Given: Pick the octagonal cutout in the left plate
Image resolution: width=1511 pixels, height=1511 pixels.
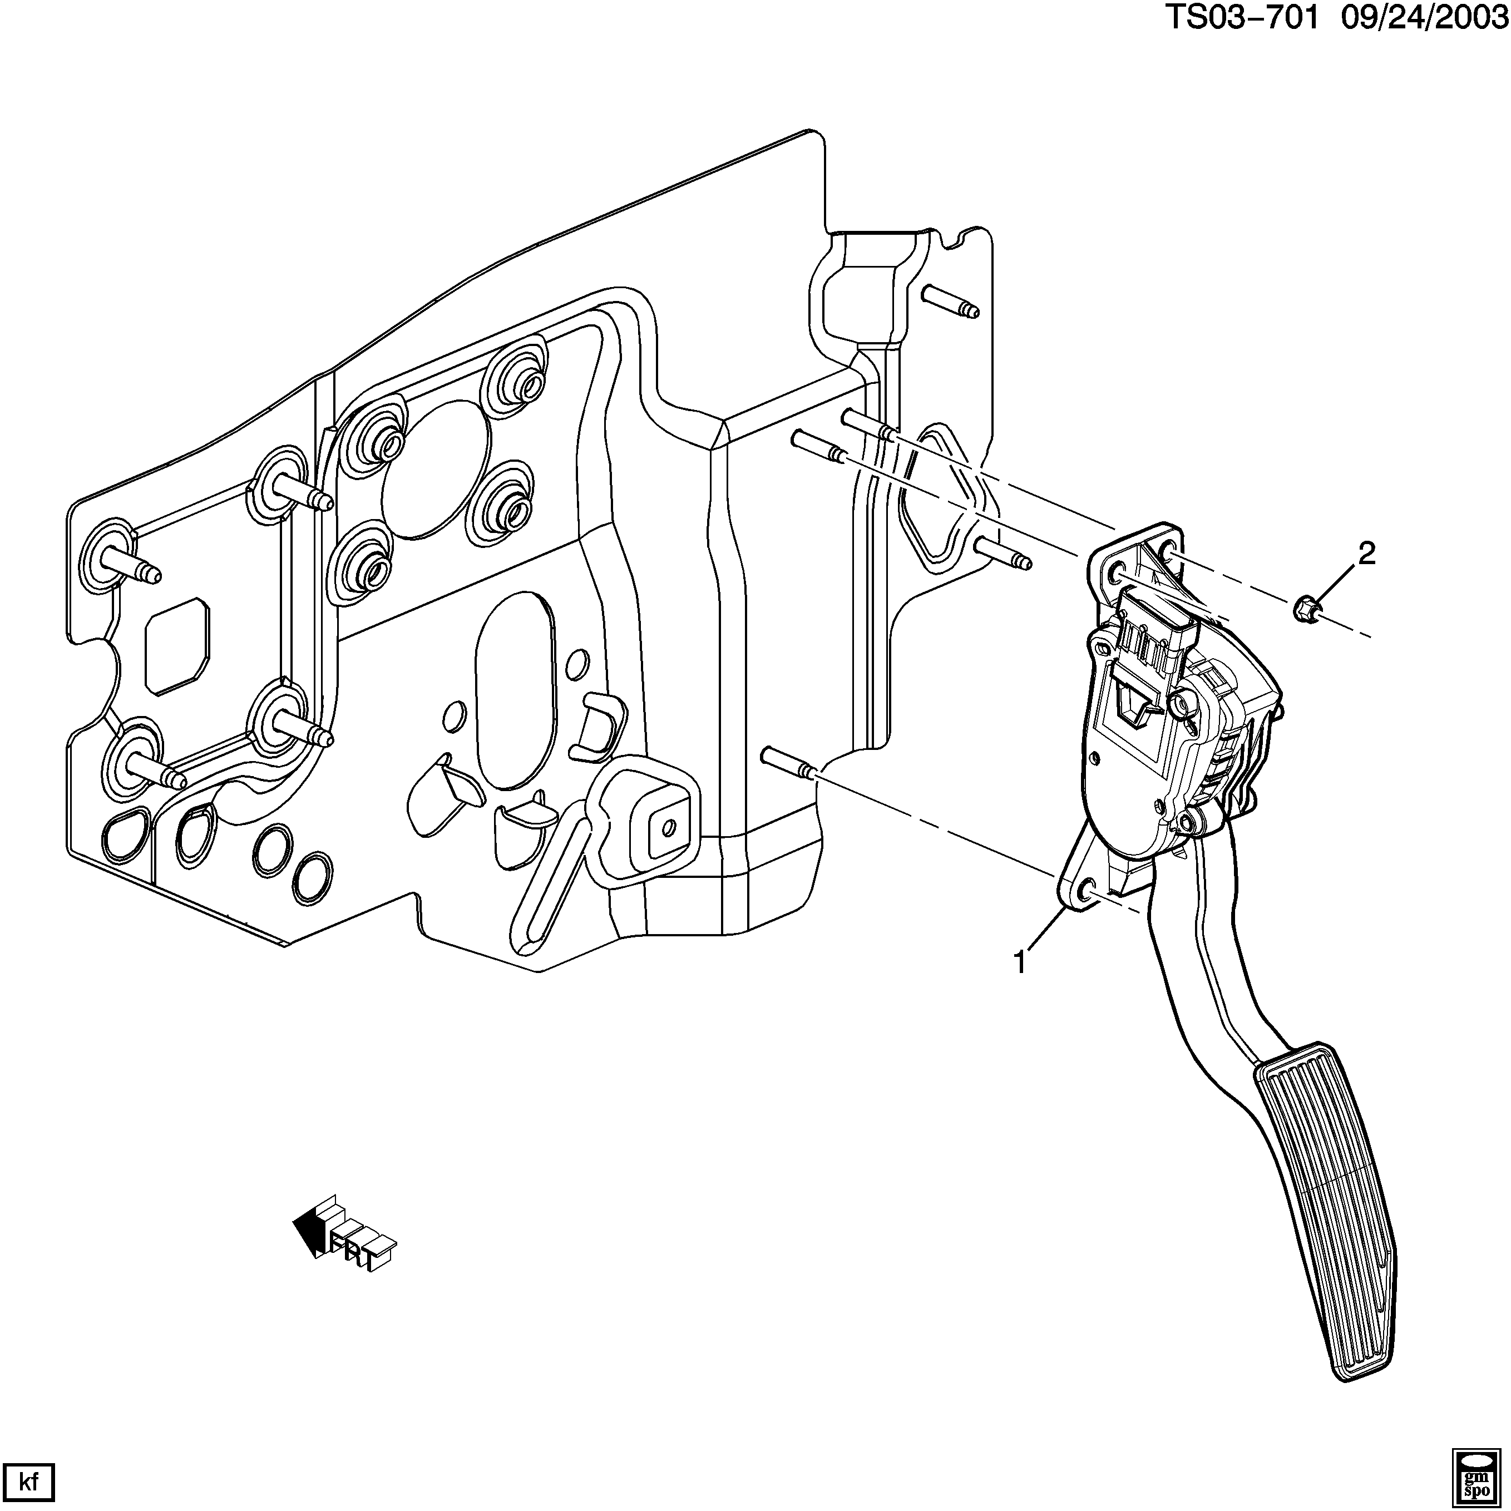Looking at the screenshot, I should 177,635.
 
